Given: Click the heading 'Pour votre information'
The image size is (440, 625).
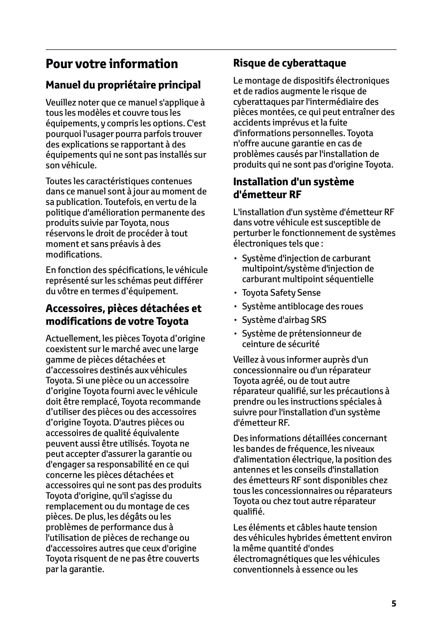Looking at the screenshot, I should pyautogui.click(x=111, y=64).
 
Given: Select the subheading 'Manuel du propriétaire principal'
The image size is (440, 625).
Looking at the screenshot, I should pyautogui.click(x=123, y=85).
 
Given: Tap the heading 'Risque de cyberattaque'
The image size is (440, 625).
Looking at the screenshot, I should pyautogui.click(x=289, y=63).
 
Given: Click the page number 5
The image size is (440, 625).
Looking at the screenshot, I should pyautogui.click(x=394, y=603).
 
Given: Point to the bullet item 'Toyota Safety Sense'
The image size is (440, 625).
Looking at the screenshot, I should pyautogui.click(x=281, y=293).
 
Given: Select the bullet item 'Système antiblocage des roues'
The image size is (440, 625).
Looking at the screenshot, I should pyautogui.click(x=302, y=307).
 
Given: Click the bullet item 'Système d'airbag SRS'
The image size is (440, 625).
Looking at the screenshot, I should pyautogui.click(x=284, y=320).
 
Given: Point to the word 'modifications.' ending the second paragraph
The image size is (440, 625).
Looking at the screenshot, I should pyautogui.click(x=74, y=254).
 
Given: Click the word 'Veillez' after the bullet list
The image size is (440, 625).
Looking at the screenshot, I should pyautogui.click(x=247, y=360).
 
